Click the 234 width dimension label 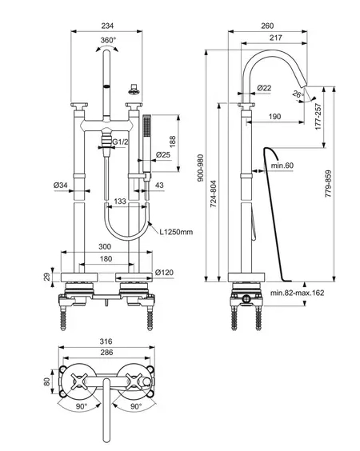click(x=107, y=26)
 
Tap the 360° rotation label click(x=108, y=40)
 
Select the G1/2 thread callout click(x=120, y=142)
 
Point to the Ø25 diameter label click(x=163, y=155)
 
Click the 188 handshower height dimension click(x=172, y=142)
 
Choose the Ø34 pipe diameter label click(x=61, y=185)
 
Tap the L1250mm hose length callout click(x=177, y=232)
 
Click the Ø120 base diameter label click(x=164, y=272)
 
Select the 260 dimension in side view click(x=267, y=26)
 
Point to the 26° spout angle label click(x=298, y=94)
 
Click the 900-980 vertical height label click(x=201, y=168)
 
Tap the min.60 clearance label click(x=282, y=166)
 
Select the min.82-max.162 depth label click(x=298, y=293)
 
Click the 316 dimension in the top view click(x=106, y=341)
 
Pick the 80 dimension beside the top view click(x=46, y=381)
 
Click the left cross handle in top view click(x=79, y=381)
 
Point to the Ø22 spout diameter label click(x=264, y=88)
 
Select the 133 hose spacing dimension click(x=120, y=201)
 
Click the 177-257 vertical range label click(x=318, y=117)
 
